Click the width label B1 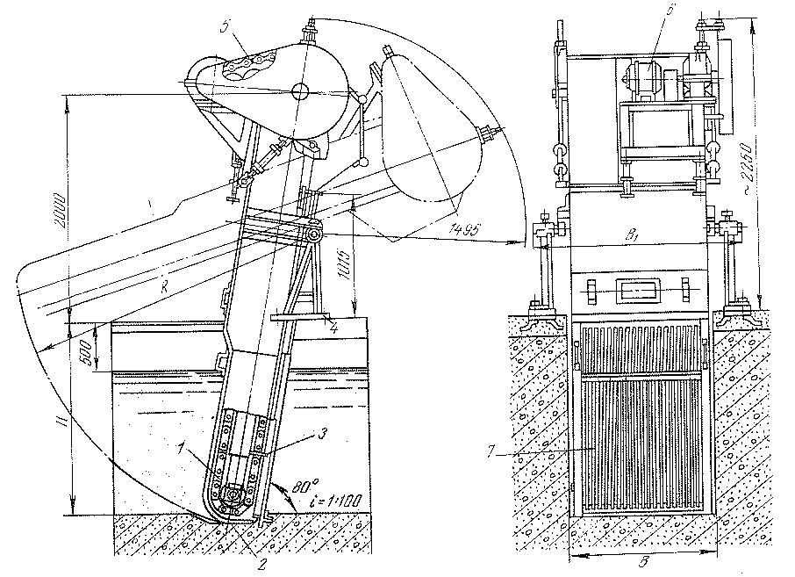[x=631, y=235]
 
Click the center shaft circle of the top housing [x=300, y=90]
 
